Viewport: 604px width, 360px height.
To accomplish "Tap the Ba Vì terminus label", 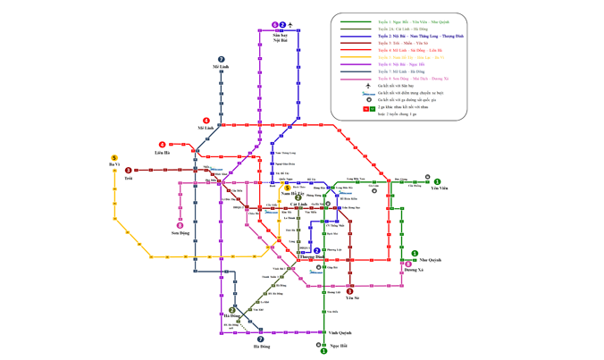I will click(114, 165).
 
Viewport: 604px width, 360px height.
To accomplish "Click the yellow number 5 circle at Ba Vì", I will click(114, 158).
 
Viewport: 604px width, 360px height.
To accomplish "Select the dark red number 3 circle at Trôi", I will click(129, 170).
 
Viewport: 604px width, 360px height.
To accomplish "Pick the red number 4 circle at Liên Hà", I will click(163, 145).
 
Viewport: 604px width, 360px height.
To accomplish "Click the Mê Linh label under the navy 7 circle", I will click(221, 67).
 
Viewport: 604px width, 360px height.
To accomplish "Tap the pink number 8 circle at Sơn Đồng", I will click(180, 225).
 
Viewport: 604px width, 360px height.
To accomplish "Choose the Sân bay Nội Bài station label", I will click(280, 37).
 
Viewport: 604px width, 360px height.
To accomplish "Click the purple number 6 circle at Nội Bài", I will click(275, 25).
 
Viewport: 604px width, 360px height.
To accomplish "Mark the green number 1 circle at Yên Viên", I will click(438, 181).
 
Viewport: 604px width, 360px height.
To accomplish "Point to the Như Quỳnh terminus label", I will click(430, 260).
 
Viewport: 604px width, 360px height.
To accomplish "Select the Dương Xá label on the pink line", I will click(414, 269).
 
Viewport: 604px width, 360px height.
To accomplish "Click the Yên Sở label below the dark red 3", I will click(351, 297).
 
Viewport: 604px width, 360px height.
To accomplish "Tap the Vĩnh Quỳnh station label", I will click(340, 333).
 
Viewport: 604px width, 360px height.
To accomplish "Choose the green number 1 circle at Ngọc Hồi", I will click(324, 351).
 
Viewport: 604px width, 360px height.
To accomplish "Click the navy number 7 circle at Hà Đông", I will click(261, 339).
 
